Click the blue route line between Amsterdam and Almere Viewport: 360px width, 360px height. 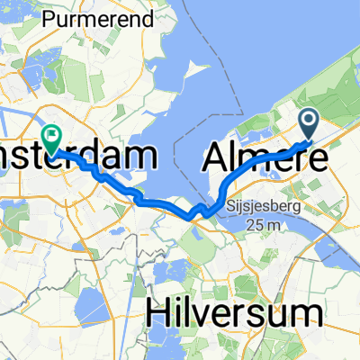click(x=162, y=206)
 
